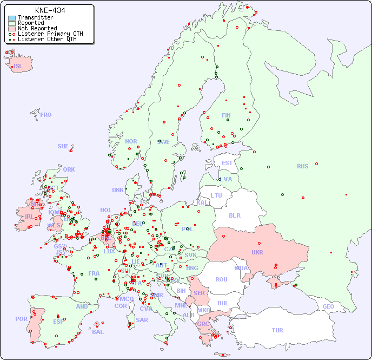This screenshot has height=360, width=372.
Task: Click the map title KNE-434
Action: tap(50, 10)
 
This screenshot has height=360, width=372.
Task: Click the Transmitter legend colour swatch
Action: tap(12, 18)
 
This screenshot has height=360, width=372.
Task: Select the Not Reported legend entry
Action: tap(37, 28)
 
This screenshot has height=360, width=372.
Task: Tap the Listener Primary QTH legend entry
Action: tap(45, 34)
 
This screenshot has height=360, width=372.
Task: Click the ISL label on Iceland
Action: tap(18, 67)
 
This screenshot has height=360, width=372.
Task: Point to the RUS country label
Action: tap(302, 166)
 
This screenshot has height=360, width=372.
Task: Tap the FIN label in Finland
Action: tap(226, 115)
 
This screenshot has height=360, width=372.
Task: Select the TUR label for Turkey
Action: tap(277, 330)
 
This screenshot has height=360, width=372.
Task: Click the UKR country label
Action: tap(257, 252)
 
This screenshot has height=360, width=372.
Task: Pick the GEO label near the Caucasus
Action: tap(328, 306)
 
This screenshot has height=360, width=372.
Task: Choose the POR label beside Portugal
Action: tap(21, 319)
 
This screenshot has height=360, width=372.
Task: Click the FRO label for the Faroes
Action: tap(46, 115)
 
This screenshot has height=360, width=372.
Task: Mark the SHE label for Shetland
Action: tap(63, 146)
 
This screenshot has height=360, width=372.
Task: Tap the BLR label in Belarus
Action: tap(235, 215)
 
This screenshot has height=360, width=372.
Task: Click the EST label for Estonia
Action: tap(227, 163)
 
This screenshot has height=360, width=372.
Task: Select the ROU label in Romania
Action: tap(221, 279)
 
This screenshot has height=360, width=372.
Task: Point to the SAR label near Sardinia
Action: tap(142, 320)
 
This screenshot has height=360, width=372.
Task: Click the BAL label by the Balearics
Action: tap(98, 332)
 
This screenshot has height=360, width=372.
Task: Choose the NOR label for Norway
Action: tap(131, 141)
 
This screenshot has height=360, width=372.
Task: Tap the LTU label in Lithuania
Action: tap(216, 195)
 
